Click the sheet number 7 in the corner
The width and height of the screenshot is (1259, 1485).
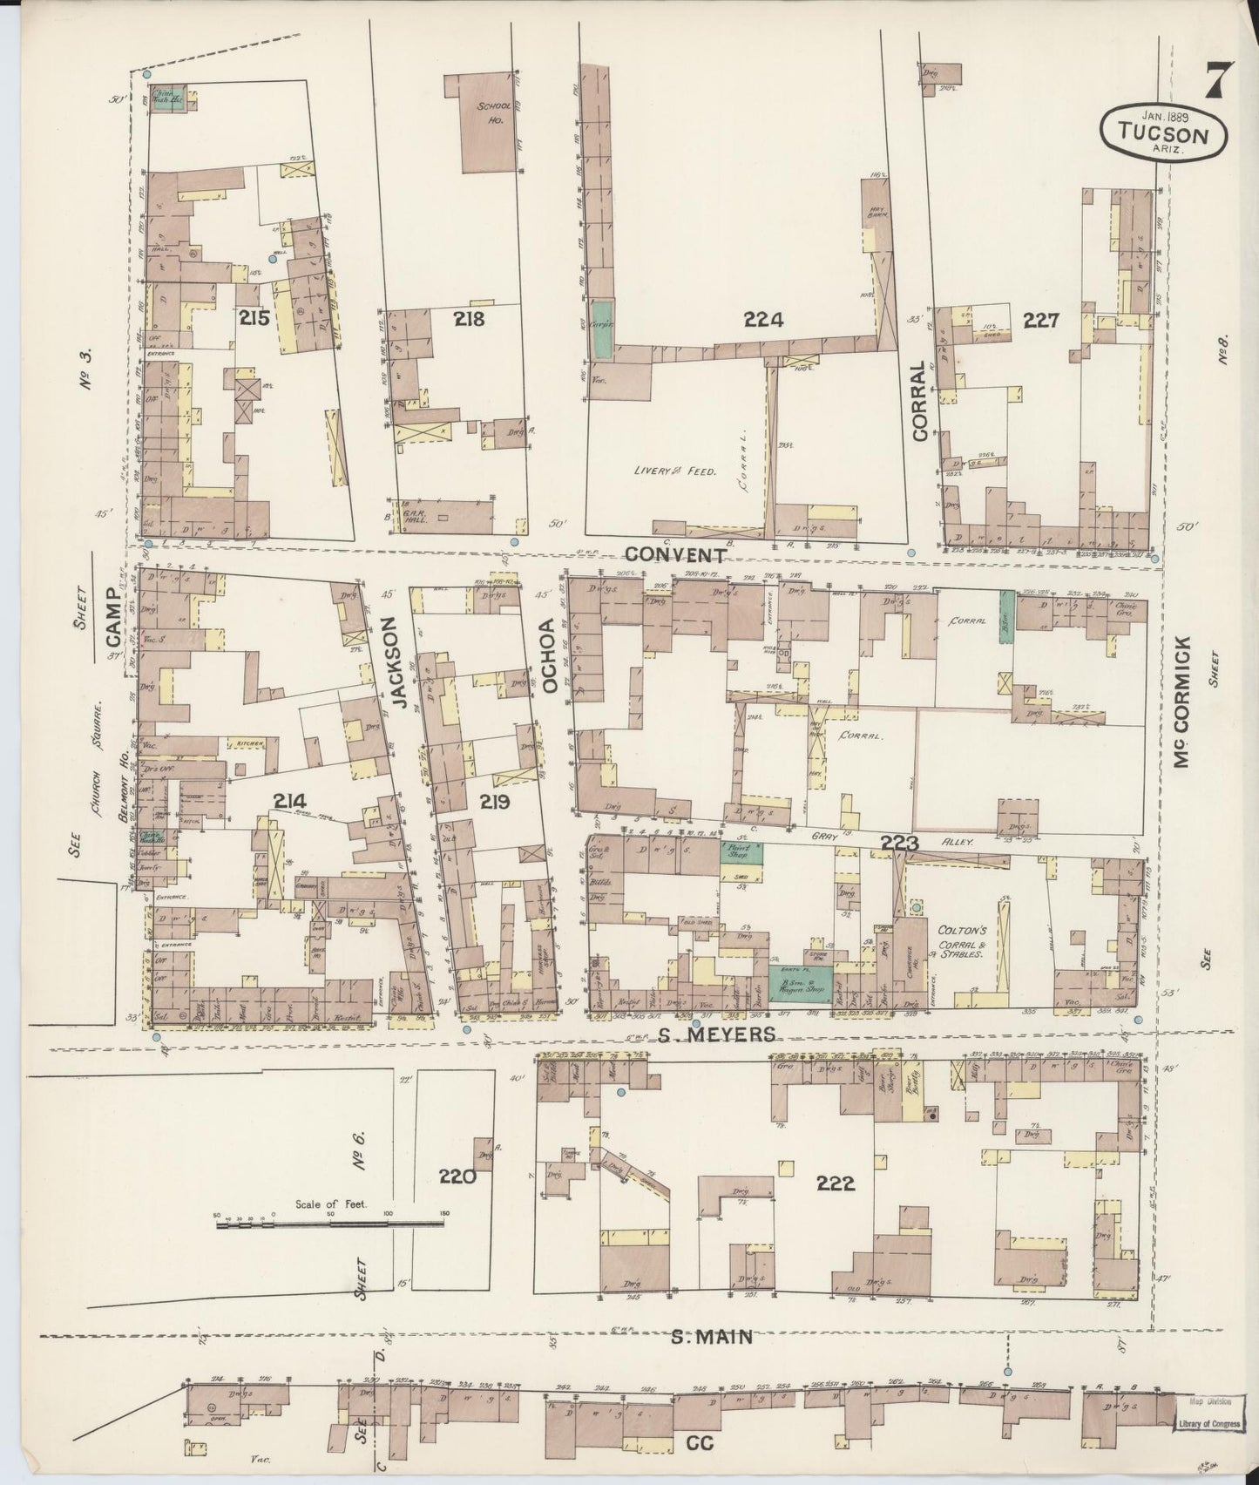click(1216, 83)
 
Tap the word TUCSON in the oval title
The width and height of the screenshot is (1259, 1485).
click(1165, 135)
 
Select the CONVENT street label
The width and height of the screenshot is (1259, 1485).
click(675, 555)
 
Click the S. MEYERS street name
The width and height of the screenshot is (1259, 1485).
click(716, 1034)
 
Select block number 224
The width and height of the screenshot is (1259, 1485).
click(763, 320)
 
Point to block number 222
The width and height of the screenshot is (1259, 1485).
click(835, 1183)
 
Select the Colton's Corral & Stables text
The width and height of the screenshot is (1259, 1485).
click(961, 940)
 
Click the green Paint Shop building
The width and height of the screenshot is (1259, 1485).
click(741, 850)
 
